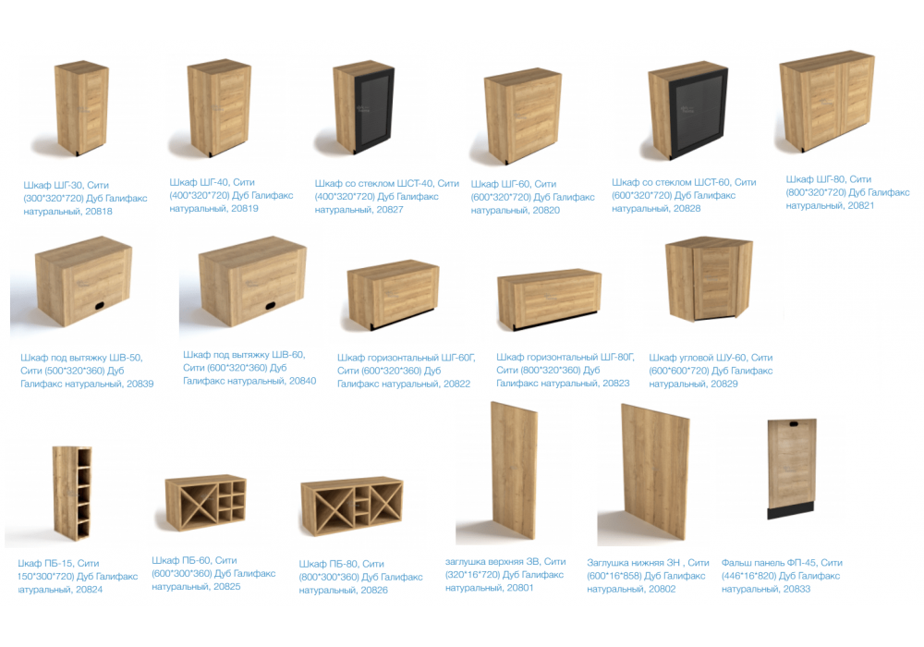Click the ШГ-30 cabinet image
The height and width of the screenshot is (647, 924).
(82, 108)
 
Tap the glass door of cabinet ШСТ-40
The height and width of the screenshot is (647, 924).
(373, 110)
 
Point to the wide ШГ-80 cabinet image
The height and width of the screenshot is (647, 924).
(827, 102)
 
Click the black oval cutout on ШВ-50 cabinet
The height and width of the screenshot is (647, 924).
(99, 306)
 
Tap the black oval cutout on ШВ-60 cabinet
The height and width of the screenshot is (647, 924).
(270, 306)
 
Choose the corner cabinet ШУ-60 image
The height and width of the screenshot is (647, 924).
(710, 279)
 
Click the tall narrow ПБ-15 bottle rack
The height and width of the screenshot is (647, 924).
(72, 492)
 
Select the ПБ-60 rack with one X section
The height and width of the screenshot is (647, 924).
(205, 503)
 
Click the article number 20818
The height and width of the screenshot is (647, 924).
(99, 211)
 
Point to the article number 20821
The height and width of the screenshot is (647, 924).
(860, 205)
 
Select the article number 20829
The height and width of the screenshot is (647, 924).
(724, 384)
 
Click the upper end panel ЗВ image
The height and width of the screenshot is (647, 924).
(514, 470)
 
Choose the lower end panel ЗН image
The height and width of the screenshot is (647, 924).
(655, 471)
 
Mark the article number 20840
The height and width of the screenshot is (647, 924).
(302, 381)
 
